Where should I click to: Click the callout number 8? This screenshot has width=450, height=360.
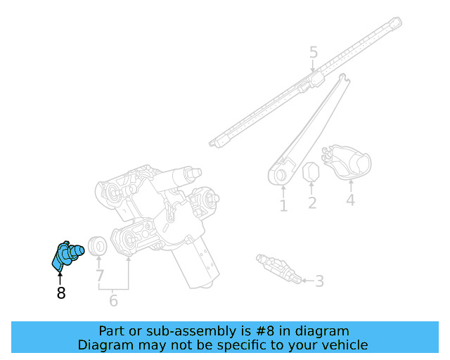click(61, 293)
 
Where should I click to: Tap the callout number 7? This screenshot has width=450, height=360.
click(99, 276)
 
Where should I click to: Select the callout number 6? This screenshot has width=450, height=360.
click(113, 302)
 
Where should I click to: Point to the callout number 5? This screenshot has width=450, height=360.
click(314, 52)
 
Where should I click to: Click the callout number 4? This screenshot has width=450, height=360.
click(350, 200)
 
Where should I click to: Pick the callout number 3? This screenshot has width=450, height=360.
click(319, 282)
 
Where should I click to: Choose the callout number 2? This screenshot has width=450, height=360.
click(311, 204)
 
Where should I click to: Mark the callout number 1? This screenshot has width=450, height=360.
click(283, 206)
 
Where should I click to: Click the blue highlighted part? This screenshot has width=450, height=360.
click(67, 254)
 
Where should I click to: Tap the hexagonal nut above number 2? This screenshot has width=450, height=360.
click(311, 172)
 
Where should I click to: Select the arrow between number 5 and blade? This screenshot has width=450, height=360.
click(314, 66)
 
